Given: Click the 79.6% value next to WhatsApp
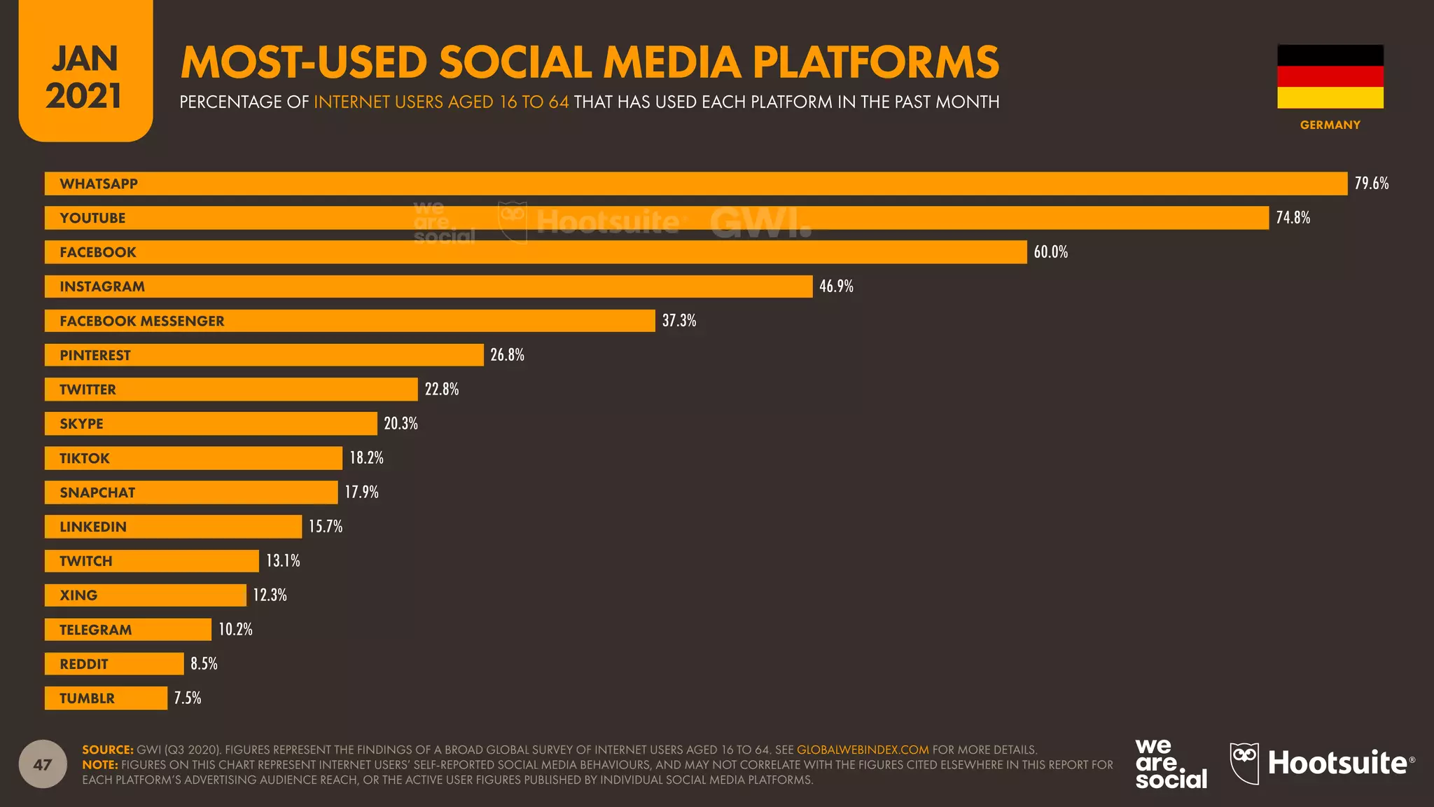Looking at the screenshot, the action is [1371, 184].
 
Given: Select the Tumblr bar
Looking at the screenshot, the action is [106, 698].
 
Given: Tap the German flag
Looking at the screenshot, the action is [1330, 76].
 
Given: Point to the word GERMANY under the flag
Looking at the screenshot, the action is [1330, 125].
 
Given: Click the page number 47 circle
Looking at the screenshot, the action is [43, 764].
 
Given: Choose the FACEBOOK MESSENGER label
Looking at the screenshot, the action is [142, 322].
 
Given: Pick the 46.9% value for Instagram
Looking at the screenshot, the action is [836, 287].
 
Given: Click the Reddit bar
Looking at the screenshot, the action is [114, 664].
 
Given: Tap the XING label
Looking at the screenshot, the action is [78, 595].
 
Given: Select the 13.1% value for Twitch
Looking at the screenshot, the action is [283, 561].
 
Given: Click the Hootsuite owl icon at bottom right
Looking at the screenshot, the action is [1244, 764].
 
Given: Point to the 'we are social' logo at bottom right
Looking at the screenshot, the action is [1171, 764].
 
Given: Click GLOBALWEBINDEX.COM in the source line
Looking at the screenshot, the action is [863, 750].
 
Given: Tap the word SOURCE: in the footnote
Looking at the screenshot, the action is [108, 750].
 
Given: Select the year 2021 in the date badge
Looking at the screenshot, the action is [84, 96].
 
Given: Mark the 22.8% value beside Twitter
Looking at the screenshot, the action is [442, 389].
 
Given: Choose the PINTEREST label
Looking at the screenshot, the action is [95, 356].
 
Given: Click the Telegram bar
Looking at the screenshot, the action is [128, 630].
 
